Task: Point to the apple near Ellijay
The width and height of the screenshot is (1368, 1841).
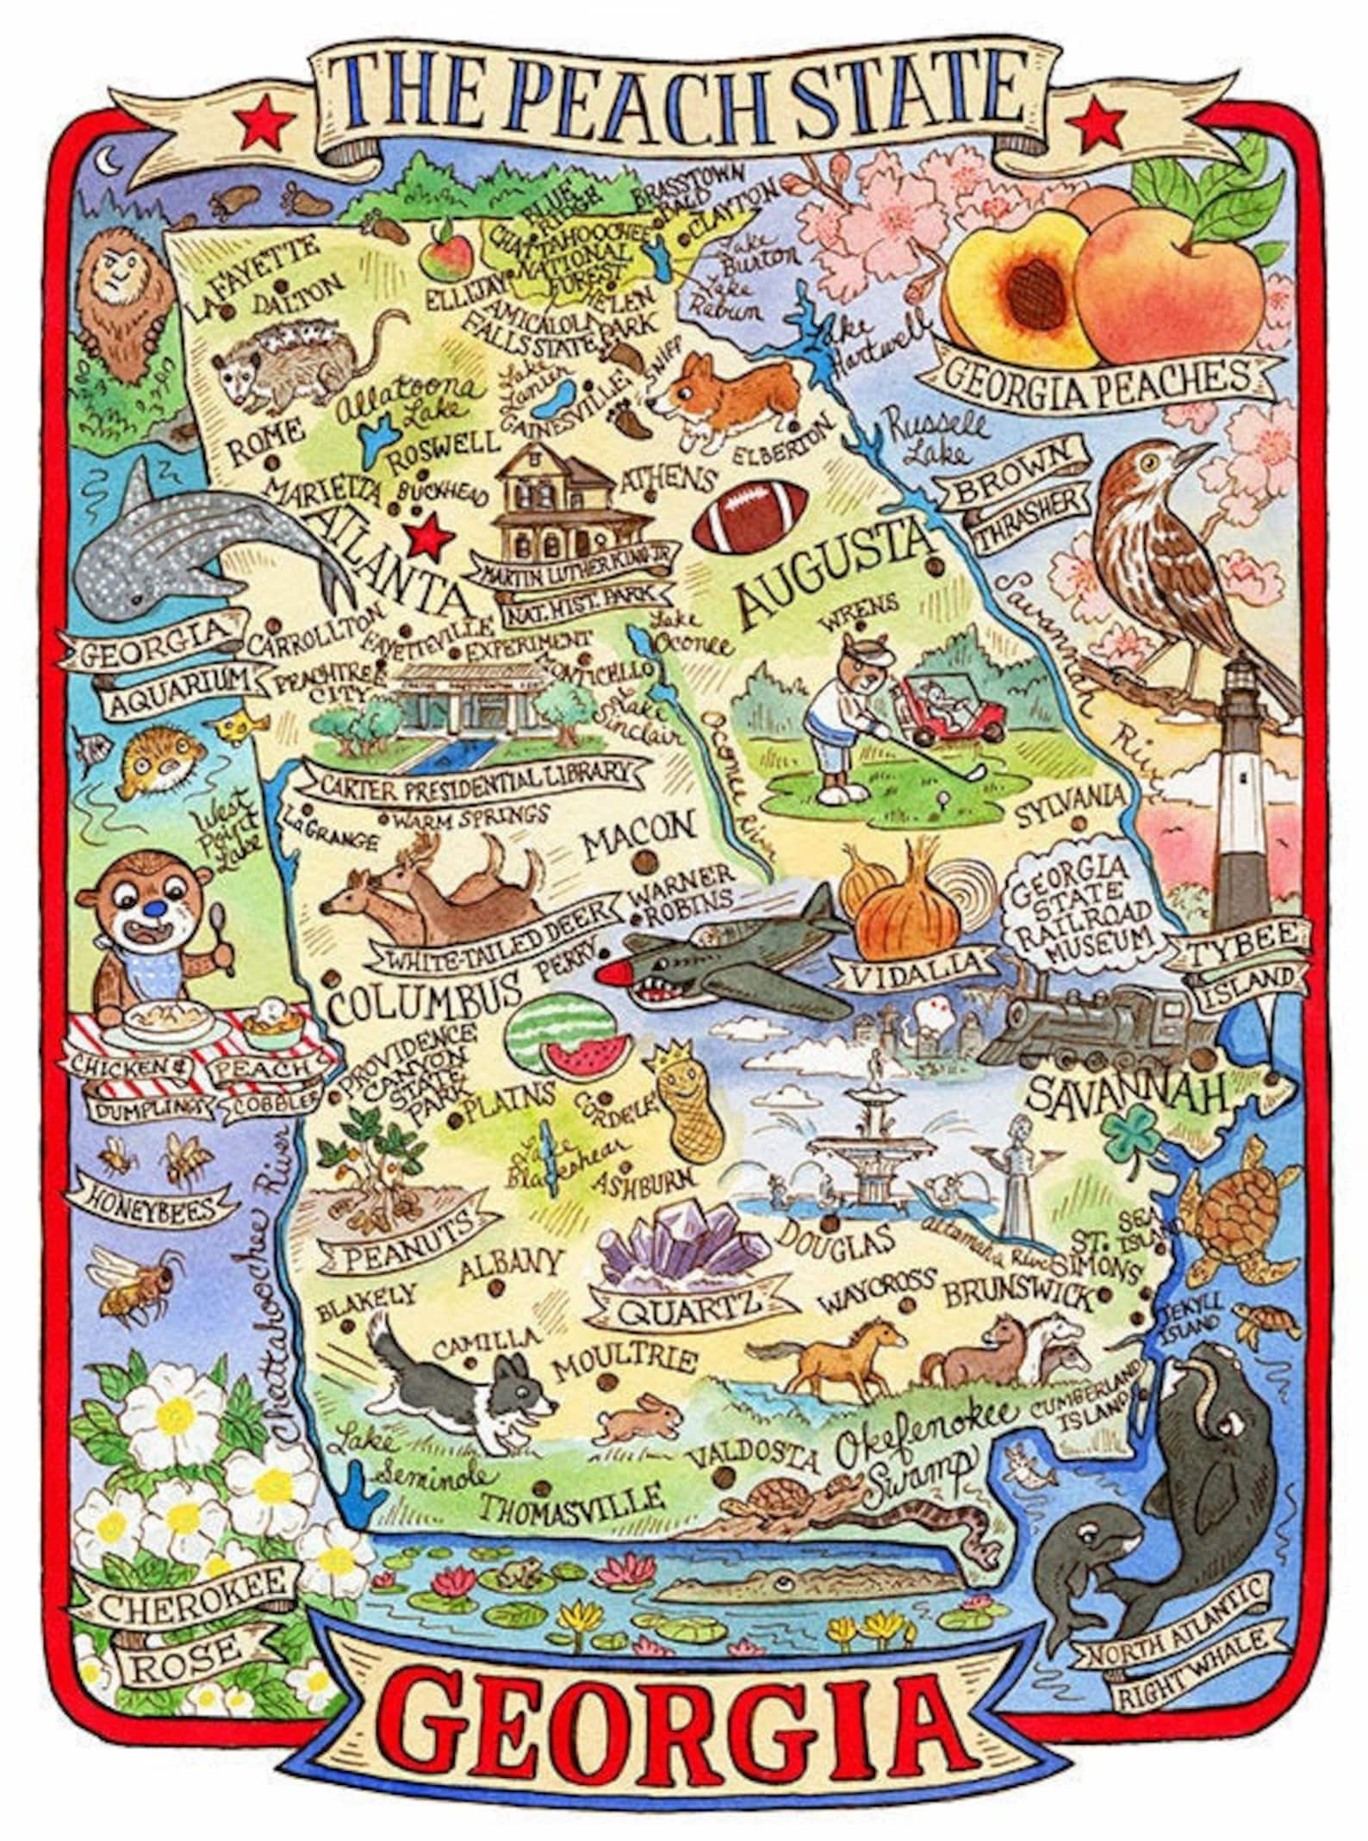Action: [x=449, y=250]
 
